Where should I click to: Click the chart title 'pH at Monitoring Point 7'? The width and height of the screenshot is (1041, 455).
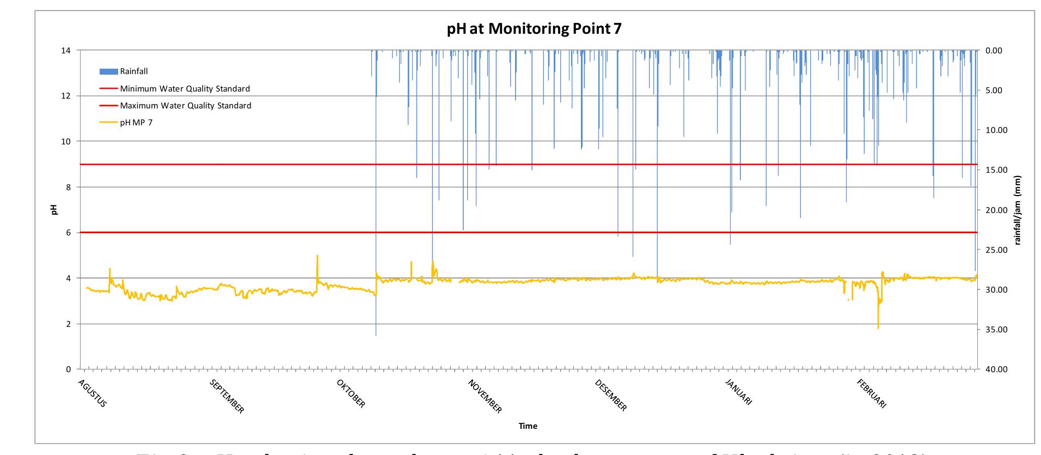(534, 28)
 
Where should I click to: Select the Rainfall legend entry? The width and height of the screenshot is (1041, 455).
(133, 71)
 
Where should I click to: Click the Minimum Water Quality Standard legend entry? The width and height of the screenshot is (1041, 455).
(185, 89)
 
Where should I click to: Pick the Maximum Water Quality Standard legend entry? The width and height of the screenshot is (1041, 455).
(185, 106)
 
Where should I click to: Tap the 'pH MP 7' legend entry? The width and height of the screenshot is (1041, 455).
(136, 123)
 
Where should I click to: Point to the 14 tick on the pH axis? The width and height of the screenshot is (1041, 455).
(66, 51)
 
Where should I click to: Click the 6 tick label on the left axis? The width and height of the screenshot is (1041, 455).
(68, 233)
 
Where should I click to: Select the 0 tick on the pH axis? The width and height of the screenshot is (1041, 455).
(68, 369)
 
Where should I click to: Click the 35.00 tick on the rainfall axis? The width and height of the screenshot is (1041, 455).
(997, 330)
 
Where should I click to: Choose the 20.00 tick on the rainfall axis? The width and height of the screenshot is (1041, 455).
(997, 210)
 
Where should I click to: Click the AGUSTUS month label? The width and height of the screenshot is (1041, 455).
(93, 393)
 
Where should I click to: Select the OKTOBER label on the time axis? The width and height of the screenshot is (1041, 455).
(351, 393)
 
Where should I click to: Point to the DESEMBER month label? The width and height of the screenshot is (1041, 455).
(611, 395)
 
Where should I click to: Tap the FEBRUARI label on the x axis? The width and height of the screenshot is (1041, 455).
(872, 393)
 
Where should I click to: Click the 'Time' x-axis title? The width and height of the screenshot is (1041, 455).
(528, 426)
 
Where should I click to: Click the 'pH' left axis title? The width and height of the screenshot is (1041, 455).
(54, 210)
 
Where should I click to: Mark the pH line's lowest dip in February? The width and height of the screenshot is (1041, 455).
(878, 327)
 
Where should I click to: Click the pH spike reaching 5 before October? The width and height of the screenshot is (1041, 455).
(317, 256)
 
